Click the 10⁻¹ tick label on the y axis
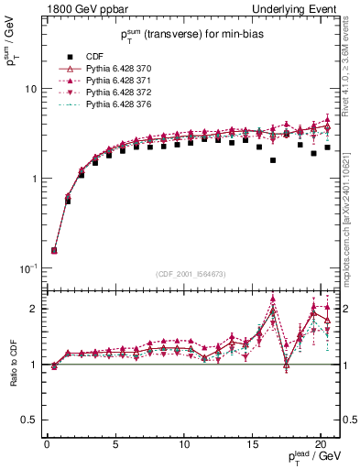(x=27, y=268)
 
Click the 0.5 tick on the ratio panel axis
(x=27, y=420)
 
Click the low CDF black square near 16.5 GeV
(x=273, y=160)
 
